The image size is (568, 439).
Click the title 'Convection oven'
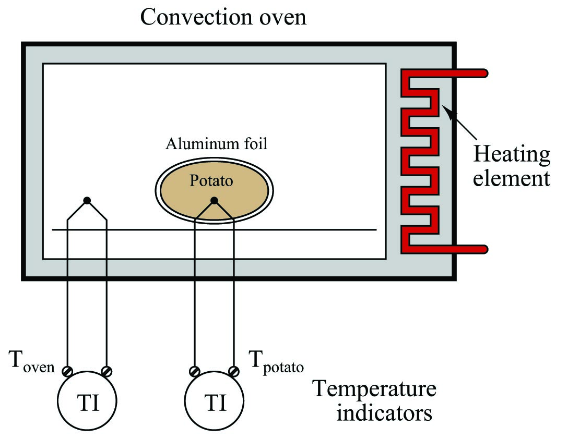click(x=223, y=17)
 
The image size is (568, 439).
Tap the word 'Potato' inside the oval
click(x=211, y=180)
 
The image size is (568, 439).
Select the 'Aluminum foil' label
click(x=216, y=144)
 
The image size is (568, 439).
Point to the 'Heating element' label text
click(x=512, y=166)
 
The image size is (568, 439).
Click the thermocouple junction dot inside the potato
click(x=214, y=200)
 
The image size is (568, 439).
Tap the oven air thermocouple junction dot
click(x=87, y=200)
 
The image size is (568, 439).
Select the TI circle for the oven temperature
click(x=87, y=400)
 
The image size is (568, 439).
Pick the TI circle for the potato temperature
click(x=214, y=400)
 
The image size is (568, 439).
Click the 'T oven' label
click(x=31, y=361)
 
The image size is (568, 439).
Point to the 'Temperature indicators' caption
click(x=375, y=400)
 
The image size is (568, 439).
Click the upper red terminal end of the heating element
click(x=484, y=73)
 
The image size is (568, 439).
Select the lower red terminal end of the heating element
click(x=484, y=249)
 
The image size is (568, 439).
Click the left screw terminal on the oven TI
click(x=67, y=371)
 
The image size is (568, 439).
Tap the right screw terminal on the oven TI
click(x=106, y=371)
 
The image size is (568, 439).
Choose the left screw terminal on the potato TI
click(x=195, y=371)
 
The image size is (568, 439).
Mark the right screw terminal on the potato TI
click(x=234, y=371)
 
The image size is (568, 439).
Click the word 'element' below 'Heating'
click(x=512, y=178)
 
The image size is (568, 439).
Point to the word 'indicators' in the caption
click(x=384, y=413)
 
